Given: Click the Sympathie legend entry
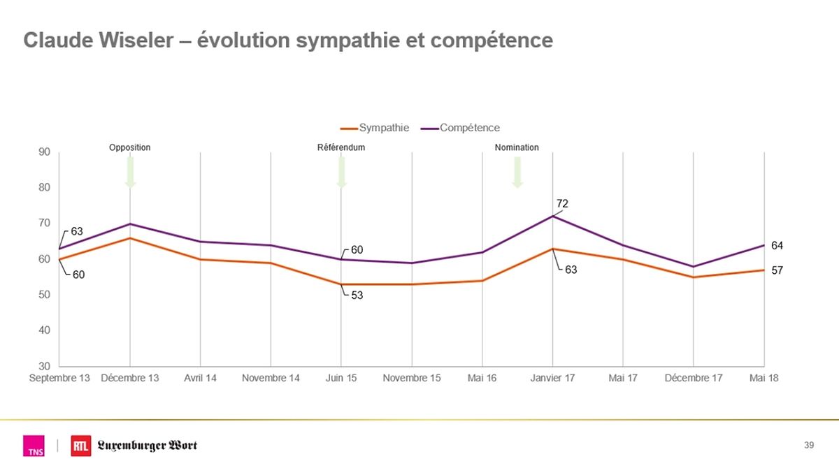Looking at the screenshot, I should tap(375, 128).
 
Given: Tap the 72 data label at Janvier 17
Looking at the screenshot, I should tap(563, 203).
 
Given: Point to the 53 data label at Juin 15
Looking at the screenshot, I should tap(357, 295).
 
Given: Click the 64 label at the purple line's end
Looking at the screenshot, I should tap(777, 246).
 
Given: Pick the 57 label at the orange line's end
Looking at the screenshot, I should tap(777, 270).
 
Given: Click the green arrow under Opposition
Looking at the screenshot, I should tap(130, 172).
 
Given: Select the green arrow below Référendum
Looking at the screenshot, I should tap(341, 172).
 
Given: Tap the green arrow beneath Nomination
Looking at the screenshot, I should tap(517, 172).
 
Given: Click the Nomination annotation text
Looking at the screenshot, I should tap(517, 147).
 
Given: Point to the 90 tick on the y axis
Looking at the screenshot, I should tap(44, 152).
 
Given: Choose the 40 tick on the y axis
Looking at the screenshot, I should tap(44, 330).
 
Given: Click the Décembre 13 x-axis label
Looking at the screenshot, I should tap(130, 378).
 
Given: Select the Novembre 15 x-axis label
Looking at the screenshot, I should tap(412, 378).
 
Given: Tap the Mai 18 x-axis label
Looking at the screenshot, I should tap(764, 378).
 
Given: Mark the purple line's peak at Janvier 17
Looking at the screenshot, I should tap(552, 217).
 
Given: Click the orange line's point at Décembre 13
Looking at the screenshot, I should tap(130, 238).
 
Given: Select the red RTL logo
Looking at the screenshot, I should tap(80, 446).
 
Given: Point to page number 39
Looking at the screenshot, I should tap(810, 446).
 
